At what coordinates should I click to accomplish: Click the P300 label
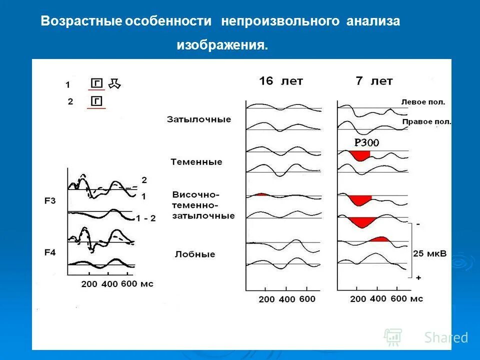pos(366,142)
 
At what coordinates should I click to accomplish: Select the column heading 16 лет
pos(281,81)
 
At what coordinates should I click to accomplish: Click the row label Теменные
pos(196,162)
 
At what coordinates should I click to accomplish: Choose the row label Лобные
pos(195,254)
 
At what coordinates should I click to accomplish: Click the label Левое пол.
pos(423,102)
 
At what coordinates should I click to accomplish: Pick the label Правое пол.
pos(426,121)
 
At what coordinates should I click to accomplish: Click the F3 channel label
pos(50,201)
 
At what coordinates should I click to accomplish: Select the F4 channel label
pos(50,252)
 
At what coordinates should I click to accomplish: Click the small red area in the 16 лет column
pos(260,194)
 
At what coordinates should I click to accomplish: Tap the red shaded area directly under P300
pos(360,155)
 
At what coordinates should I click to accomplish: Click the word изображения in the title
pos(222,45)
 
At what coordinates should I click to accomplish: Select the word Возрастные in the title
pos(82,21)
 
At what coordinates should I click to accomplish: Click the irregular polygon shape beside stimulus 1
pos(114,83)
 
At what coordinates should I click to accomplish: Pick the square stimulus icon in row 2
pos(96,101)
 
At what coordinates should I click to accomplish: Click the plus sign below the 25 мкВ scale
pos(417,276)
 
